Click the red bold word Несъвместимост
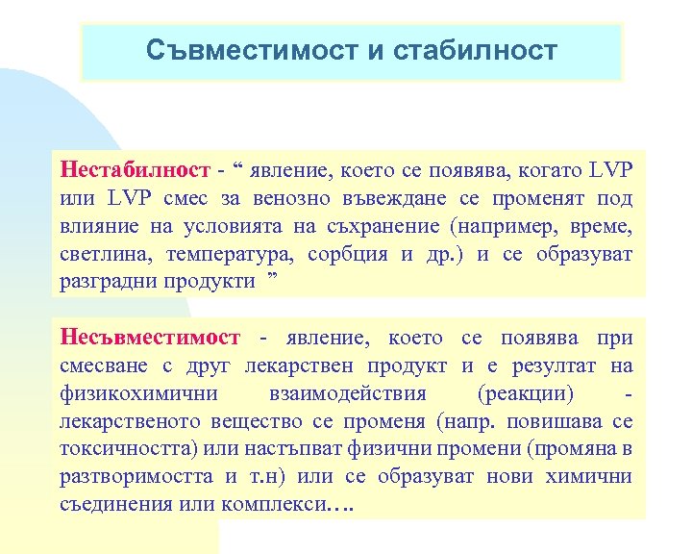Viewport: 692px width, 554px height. click(150, 338)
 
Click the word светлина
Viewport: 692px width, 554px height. click(105, 255)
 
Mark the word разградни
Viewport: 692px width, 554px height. click(107, 283)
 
